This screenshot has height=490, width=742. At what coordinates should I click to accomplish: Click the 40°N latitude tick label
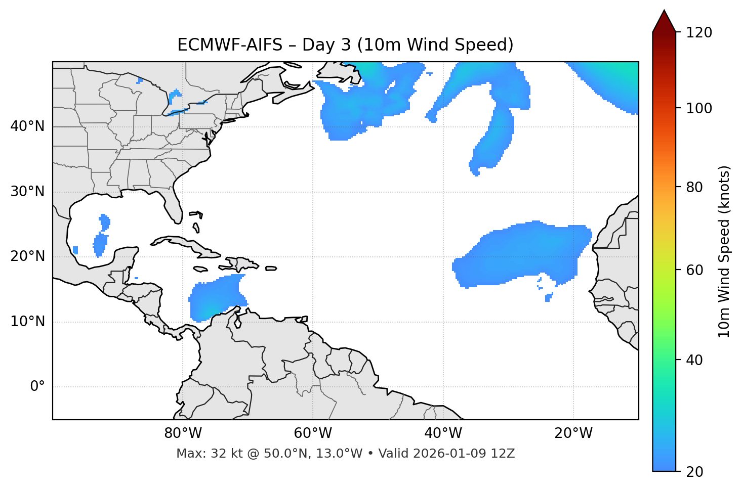pyautogui.click(x=27, y=126)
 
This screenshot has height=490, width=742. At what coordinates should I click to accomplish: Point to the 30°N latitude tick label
pyautogui.click(x=27, y=192)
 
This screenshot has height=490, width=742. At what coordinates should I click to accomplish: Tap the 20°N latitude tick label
pyautogui.click(x=27, y=256)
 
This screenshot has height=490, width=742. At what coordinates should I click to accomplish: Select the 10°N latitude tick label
pyautogui.click(x=27, y=322)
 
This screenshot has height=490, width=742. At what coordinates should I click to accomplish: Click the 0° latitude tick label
pyautogui.click(x=37, y=387)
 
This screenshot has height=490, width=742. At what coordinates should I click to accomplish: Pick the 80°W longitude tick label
pyautogui.click(x=183, y=433)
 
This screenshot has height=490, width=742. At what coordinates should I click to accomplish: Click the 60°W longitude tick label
pyautogui.click(x=313, y=433)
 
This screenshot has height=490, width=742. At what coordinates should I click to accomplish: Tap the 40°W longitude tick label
pyautogui.click(x=443, y=433)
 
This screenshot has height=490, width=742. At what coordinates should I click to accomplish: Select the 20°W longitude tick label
pyautogui.click(x=573, y=433)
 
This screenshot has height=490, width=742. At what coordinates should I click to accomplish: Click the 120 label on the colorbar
pyautogui.click(x=699, y=33)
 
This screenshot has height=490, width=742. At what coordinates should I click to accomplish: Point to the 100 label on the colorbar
pyautogui.click(x=699, y=108)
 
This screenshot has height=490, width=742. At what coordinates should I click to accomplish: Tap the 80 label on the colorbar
pyautogui.click(x=696, y=187)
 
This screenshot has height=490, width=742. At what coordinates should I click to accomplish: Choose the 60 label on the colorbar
pyautogui.click(x=696, y=270)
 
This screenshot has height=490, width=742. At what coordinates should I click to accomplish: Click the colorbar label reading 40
pyautogui.click(x=696, y=360)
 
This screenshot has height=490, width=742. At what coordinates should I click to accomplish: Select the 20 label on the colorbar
pyautogui.click(x=696, y=472)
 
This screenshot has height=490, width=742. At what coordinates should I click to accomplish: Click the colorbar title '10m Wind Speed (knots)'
pyautogui.click(x=724, y=251)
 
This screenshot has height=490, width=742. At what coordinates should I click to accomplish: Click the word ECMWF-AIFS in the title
pyautogui.click(x=230, y=45)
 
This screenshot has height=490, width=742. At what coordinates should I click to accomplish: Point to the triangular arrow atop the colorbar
pyautogui.click(x=664, y=21)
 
